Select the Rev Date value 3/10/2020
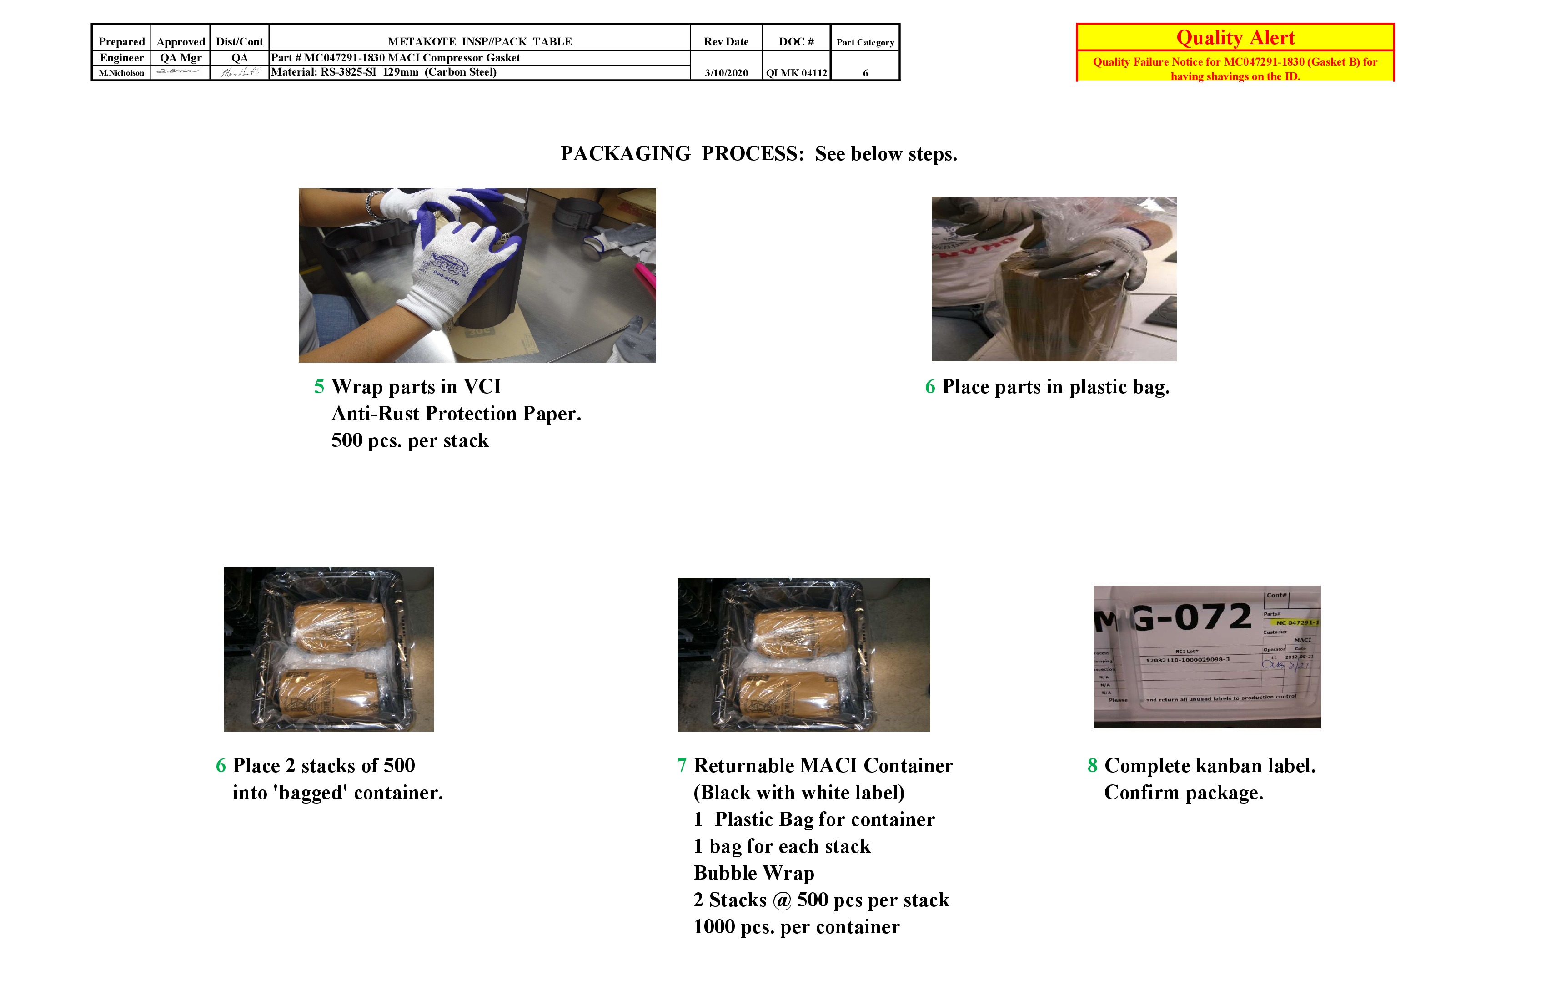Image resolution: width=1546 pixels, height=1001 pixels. (726, 73)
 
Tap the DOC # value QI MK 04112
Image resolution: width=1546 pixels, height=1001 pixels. (796, 73)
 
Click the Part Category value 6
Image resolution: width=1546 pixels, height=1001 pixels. (865, 73)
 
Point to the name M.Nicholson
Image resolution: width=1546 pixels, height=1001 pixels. (121, 73)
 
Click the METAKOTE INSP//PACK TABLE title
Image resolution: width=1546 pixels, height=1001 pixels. (479, 41)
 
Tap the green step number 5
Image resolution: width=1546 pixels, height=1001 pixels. (319, 387)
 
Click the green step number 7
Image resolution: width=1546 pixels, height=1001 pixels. (682, 766)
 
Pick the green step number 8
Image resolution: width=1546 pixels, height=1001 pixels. (1093, 766)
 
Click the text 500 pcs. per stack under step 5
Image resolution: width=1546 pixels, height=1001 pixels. (410, 441)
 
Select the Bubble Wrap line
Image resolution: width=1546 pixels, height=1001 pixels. (753, 873)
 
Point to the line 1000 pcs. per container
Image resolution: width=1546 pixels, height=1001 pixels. (796, 927)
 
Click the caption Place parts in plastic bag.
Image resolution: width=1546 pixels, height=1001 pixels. (1055, 387)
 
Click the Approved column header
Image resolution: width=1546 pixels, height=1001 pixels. (181, 41)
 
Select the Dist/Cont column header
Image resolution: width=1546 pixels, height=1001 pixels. (239, 41)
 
